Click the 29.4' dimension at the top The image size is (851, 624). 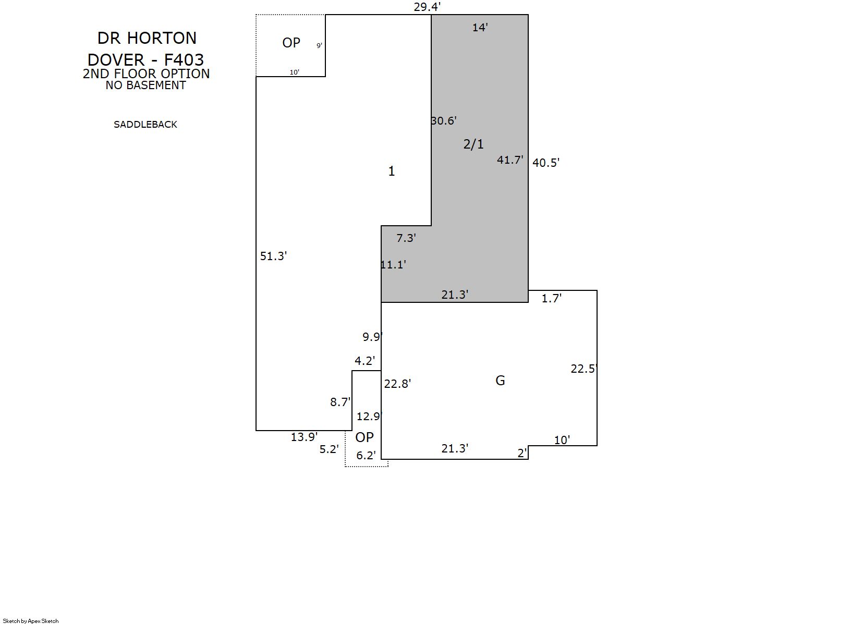point(427,7)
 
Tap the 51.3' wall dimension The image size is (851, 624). point(273,256)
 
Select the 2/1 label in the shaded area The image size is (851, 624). point(473,144)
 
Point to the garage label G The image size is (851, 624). point(500,380)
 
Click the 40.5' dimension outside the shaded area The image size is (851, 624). point(546,163)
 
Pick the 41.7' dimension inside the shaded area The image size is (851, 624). point(510,160)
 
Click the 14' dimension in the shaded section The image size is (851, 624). point(480,27)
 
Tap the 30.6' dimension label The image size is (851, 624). point(444,120)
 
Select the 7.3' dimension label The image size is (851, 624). point(406,238)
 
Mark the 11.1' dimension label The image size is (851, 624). point(394,264)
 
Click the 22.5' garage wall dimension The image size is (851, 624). point(584,369)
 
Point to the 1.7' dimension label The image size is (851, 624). point(551,298)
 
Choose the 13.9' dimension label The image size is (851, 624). point(304,437)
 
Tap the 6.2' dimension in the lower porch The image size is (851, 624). point(366,455)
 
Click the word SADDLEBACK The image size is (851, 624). point(145,125)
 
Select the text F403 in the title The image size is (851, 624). point(184,59)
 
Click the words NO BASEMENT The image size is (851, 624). point(146,85)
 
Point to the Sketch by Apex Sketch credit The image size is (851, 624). point(31,621)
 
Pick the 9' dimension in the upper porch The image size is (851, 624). point(319,45)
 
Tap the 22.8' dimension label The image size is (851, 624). point(397,384)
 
